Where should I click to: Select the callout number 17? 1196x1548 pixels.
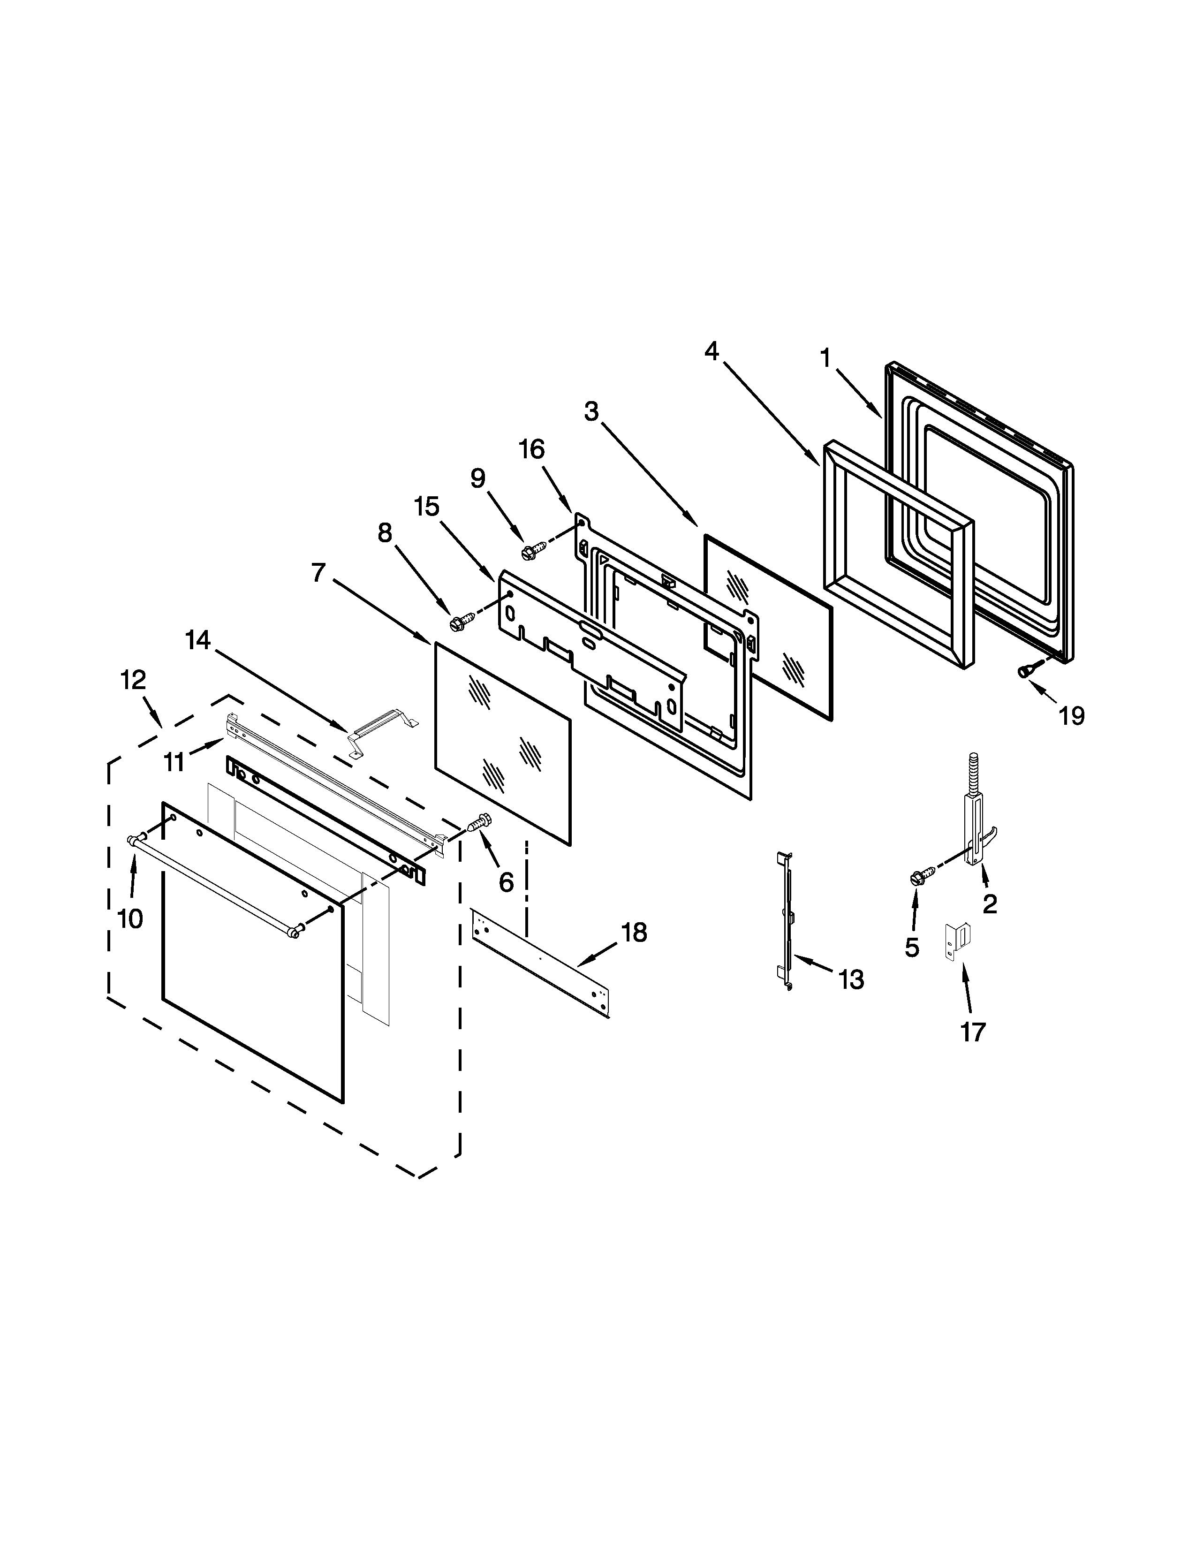[x=973, y=1033]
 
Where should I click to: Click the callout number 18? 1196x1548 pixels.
[x=634, y=933]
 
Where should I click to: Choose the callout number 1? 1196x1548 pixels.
[x=825, y=359]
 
